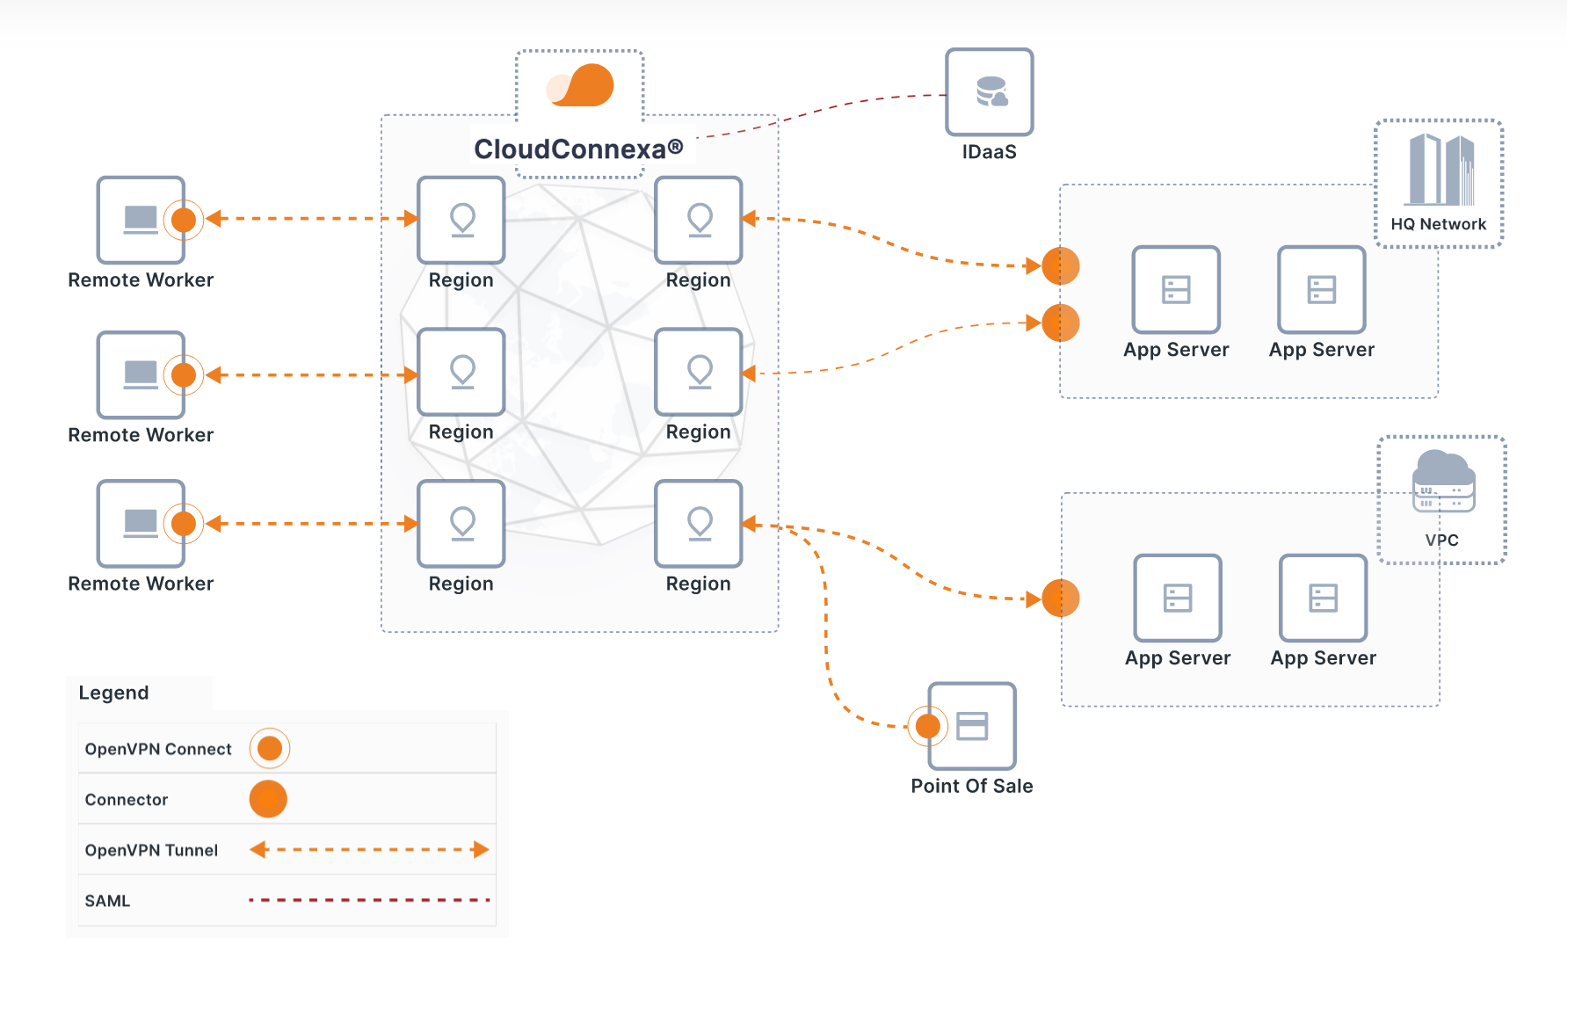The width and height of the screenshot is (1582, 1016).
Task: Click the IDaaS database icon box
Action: (989, 91)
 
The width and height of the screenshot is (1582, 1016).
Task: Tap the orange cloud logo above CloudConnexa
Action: (581, 85)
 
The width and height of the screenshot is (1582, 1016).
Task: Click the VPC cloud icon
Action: (1443, 480)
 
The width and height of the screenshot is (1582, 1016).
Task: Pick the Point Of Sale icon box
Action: (972, 726)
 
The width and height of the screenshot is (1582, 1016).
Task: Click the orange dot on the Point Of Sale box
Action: (927, 726)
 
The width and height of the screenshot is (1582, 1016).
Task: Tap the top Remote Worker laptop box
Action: (141, 220)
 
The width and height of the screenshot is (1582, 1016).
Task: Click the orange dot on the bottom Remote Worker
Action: (184, 524)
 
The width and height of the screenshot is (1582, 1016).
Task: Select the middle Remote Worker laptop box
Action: (141, 374)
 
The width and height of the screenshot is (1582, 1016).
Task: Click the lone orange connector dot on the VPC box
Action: (1061, 599)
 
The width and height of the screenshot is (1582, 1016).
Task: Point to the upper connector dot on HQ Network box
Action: (1061, 265)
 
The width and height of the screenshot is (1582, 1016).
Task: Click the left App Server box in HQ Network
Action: (1176, 289)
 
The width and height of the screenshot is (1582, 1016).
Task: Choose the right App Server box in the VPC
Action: (1323, 598)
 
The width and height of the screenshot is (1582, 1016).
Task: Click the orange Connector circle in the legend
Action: (268, 799)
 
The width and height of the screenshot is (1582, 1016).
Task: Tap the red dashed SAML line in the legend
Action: (369, 900)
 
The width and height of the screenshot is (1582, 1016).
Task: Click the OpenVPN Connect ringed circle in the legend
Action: (270, 748)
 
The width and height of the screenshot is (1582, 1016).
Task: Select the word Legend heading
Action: (113, 693)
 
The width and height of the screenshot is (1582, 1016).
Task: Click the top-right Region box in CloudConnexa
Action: (699, 220)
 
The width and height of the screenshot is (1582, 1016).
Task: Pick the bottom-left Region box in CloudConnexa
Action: (461, 524)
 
